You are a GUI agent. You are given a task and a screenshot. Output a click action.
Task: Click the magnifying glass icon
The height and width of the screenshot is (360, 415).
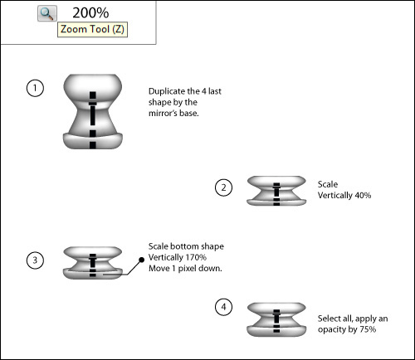[x=47, y=13]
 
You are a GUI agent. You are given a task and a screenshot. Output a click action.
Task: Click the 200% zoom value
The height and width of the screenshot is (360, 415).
[x=90, y=12]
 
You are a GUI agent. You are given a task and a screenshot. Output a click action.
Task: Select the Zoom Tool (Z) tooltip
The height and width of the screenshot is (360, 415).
[x=92, y=29]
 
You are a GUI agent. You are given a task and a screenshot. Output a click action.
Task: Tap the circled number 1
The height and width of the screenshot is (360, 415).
[x=35, y=88]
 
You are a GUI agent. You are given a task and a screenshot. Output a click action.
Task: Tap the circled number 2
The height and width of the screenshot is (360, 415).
[x=223, y=187]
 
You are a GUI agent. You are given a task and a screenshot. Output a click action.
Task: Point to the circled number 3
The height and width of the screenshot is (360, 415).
[x=35, y=260]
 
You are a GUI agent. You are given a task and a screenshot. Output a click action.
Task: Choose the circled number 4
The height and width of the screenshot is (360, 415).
[x=223, y=307]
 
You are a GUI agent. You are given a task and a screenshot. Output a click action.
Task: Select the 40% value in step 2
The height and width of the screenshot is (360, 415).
[x=363, y=196]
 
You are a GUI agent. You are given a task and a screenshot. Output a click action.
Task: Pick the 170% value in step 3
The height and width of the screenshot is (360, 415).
[x=196, y=257]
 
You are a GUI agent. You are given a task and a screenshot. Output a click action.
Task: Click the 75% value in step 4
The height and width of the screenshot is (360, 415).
[x=368, y=329]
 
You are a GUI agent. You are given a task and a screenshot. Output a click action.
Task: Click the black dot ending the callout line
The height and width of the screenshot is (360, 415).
[x=141, y=260]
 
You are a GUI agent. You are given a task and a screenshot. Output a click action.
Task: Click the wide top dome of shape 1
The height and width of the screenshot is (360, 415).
[x=93, y=87]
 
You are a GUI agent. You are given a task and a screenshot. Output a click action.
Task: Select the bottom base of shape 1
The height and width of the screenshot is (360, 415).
[x=93, y=141]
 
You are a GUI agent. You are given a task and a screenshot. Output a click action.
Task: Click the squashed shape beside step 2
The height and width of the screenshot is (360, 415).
[x=276, y=191]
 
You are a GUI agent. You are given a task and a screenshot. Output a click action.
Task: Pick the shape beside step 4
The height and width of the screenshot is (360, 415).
[x=276, y=319]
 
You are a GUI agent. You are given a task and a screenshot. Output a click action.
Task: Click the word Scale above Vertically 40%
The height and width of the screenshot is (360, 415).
[x=328, y=184]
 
